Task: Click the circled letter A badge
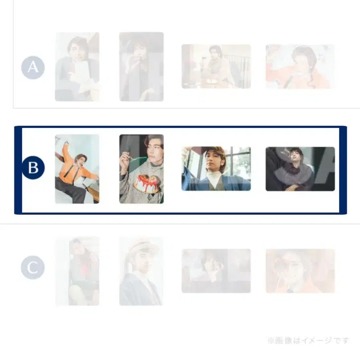pos(33,67)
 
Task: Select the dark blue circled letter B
pos(33,168)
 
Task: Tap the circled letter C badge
pos(33,268)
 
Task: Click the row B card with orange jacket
pos(77,169)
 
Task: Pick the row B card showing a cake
pos(142,169)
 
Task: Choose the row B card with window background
pos(216,168)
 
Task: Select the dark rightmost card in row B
pos(300,168)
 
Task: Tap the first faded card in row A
pos(77,66)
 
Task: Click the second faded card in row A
pos(142,66)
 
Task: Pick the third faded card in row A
pos(216,66)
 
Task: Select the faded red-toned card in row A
pos(300,66)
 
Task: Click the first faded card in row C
pos(77,271)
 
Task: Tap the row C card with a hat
pos(142,271)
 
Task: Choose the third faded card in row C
pos(216,271)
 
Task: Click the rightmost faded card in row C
pos(300,271)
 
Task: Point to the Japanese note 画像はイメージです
pos(308,341)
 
